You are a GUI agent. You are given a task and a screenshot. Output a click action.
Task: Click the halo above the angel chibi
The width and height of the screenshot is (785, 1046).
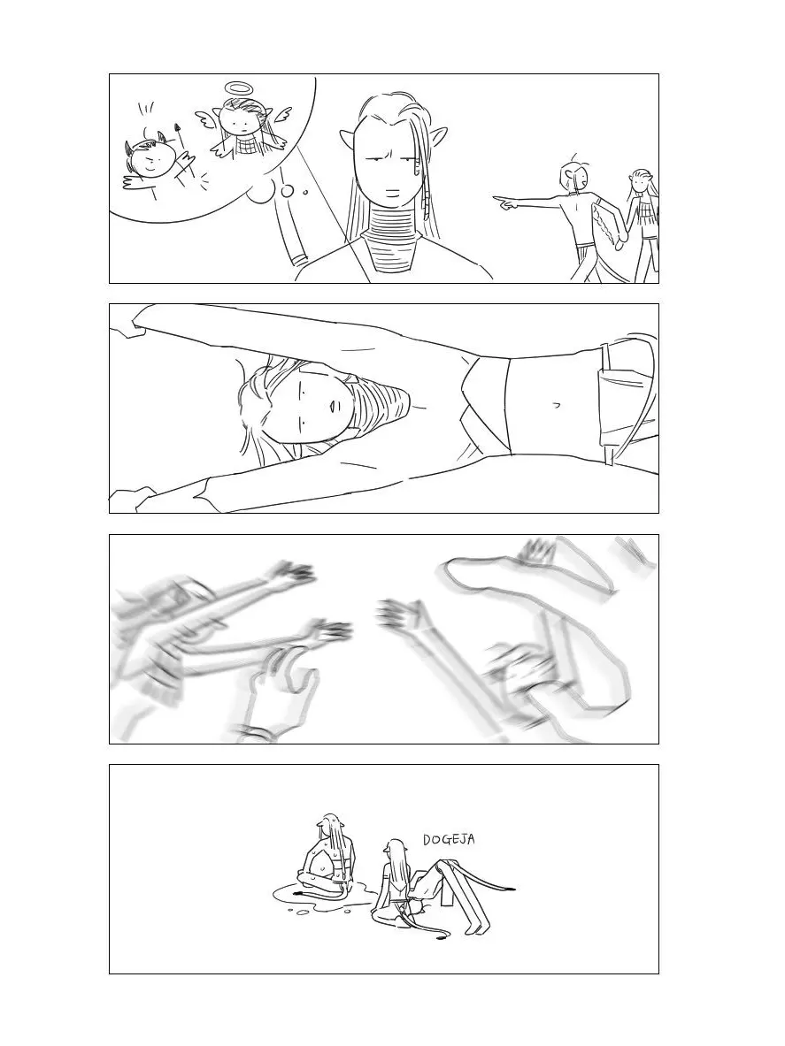(236, 88)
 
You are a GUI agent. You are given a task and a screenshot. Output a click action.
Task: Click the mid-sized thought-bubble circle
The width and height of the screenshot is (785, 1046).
(288, 192)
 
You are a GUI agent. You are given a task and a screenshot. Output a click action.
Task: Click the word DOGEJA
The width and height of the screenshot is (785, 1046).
(450, 840)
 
